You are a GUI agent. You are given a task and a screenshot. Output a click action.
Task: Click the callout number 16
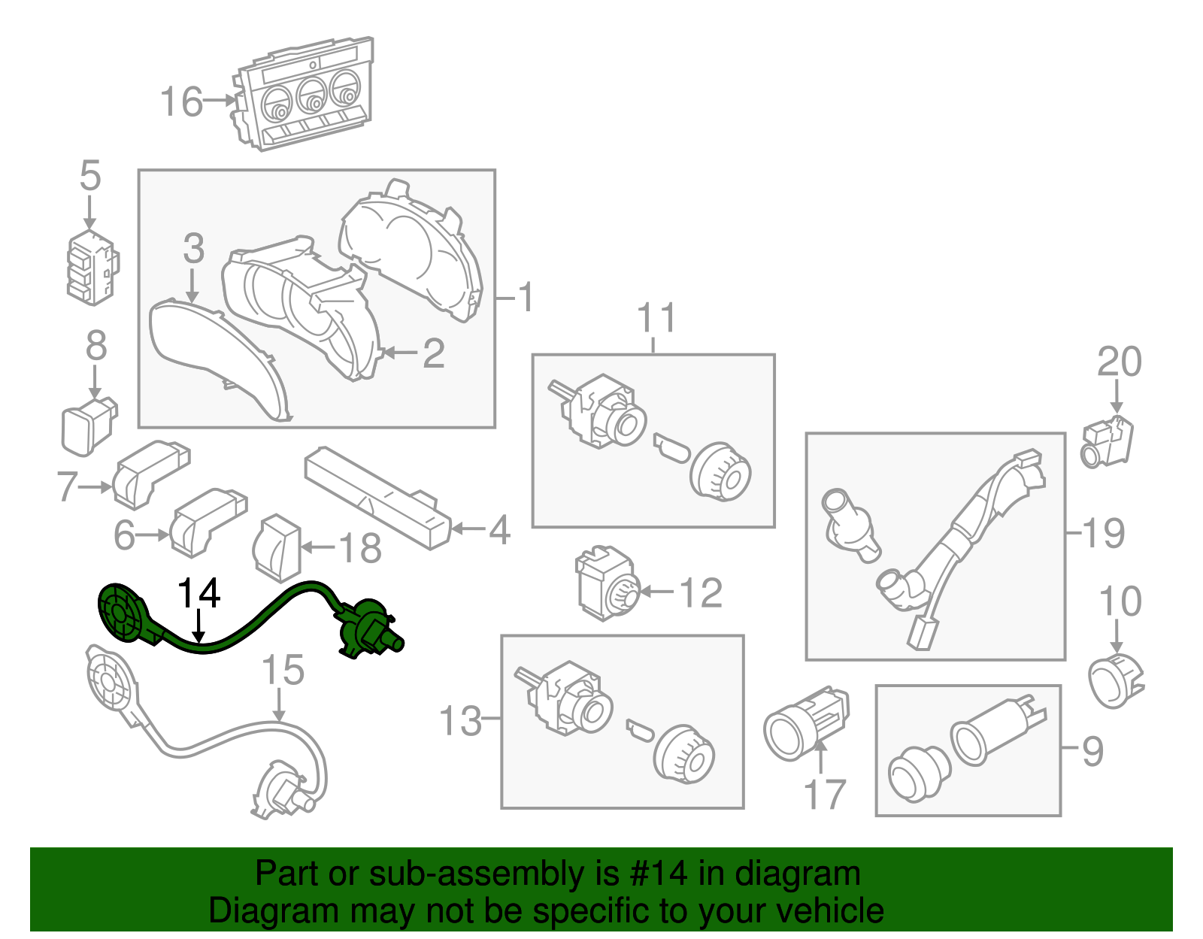pyautogui.click(x=181, y=101)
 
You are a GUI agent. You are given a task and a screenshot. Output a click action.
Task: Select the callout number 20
pyautogui.click(x=1119, y=362)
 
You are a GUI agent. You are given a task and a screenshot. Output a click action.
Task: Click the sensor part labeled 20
pyautogui.click(x=1107, y=442)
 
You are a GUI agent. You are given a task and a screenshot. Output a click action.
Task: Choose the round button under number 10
pyautogui.click(x=1115, y=680)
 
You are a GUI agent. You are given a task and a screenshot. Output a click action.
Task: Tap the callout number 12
pyautogui.click(x=701, y=592)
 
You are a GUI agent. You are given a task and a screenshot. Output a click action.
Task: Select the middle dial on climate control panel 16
pyautogui.click(x=311, y=95)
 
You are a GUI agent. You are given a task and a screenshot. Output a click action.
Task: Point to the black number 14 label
pyautogui.click(x=198, y=594)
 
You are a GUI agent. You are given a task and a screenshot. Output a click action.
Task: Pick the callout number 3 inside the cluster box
pyautogui.click(x=193, y=248)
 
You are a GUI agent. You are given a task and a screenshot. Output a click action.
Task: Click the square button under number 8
pyautogui.click(x=87, y=427)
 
